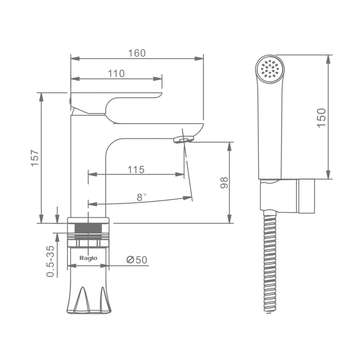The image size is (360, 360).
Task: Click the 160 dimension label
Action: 137,53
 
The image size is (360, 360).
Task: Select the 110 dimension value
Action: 116,74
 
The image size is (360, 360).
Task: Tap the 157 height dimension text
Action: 35,158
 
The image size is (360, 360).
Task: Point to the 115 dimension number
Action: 136,170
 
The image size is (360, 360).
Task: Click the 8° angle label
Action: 141,197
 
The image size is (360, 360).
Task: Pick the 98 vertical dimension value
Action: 224,183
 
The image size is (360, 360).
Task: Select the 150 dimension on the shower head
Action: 321,118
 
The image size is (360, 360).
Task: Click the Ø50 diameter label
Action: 137,260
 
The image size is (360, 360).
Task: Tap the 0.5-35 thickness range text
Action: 50,261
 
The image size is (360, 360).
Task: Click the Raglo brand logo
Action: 88,258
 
